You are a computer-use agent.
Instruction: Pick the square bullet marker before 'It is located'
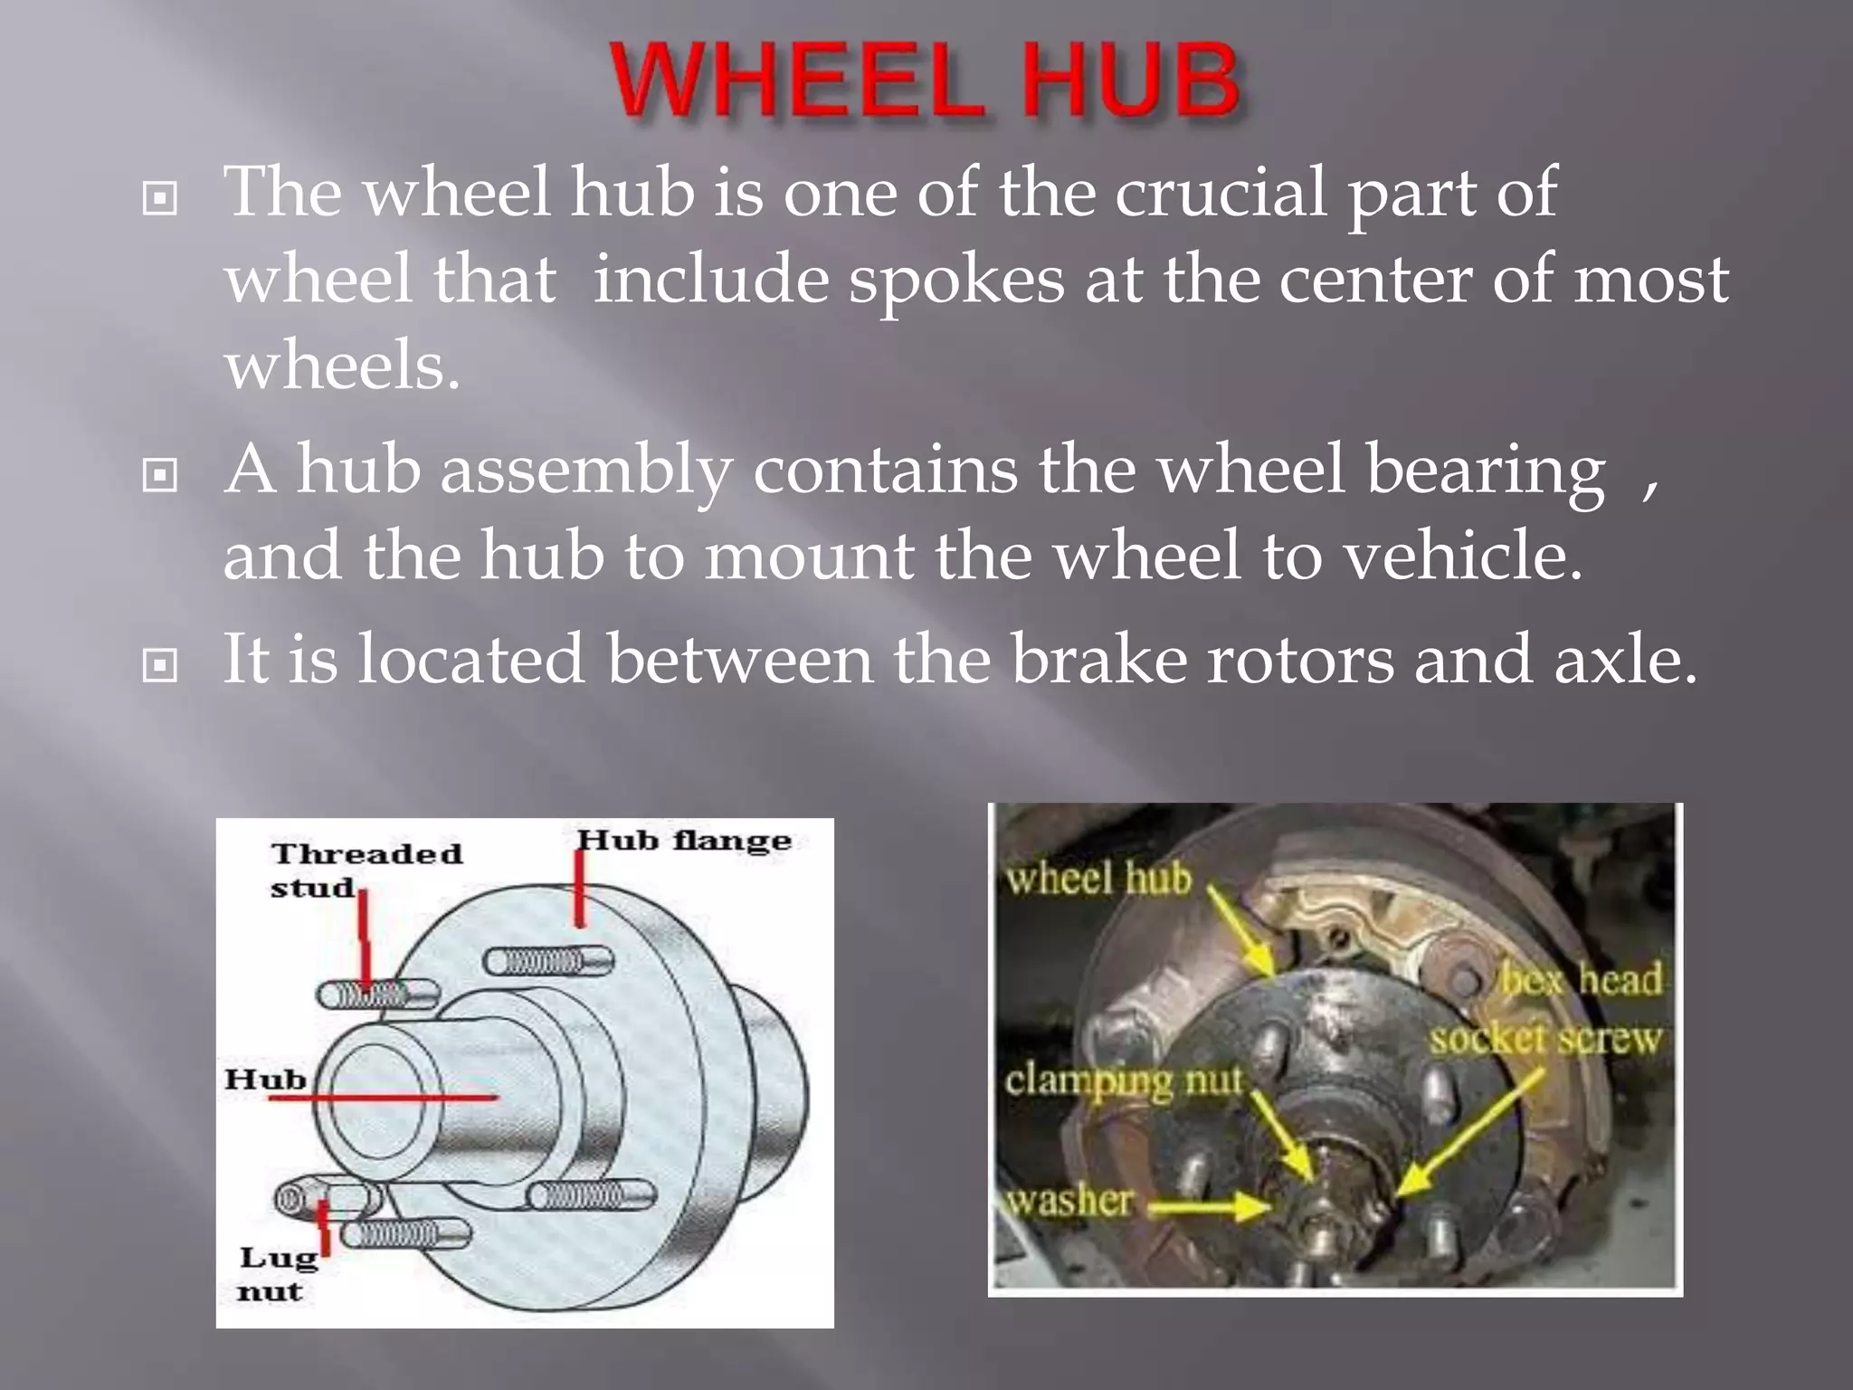pyautogui.click(x=160, y=666)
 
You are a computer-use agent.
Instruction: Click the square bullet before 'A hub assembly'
pyautogui.click(x=160, y=474)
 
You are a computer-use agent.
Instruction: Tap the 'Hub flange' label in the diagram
pyautogui.click(x=684, y=841)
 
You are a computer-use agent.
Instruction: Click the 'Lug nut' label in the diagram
pyautogui.click(x=274, y=1273)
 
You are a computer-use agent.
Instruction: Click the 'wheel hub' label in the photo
pyautogui.click(x=1098, y=879)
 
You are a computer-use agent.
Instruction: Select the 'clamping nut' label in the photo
pyautogui.click(x=1123, y=1081)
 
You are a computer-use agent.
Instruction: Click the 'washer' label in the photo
pyautogui.click(x=1069, y=1201)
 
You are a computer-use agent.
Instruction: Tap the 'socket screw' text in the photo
pyautogui.click(x=1545, y=1039)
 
